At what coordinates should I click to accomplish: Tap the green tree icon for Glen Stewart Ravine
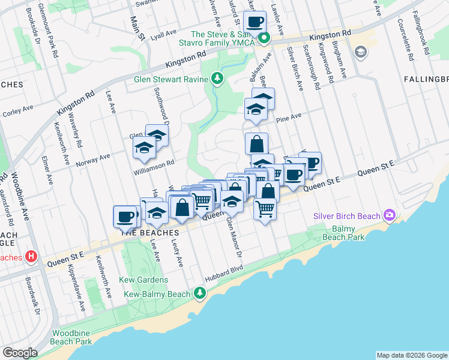tap(217, 79)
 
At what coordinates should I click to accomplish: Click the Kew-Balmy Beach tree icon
tap(200, 294)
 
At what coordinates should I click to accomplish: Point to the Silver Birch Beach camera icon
tap(391, 215)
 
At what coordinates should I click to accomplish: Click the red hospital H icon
tap(32, 257)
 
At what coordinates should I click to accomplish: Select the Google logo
tap(20, 353)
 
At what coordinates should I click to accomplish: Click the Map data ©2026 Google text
tap(411, 355)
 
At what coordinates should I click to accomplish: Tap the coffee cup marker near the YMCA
tap(255, 22)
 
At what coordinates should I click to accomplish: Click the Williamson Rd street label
tap(154, 163)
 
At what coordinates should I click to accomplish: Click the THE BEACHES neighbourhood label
tap(150, 232)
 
